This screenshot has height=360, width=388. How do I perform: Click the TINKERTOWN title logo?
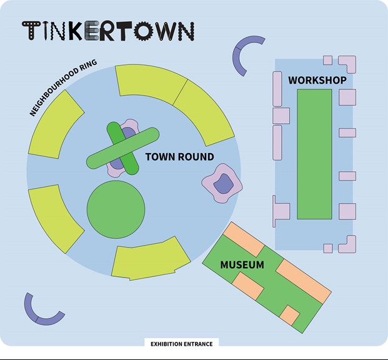coord(108,31)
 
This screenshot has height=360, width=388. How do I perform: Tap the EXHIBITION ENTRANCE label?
coord(182,344)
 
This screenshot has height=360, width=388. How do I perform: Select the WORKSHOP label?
coord(317,80)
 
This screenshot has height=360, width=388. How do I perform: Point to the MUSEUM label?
coord(242,264)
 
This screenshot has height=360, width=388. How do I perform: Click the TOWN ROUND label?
coord(180,157)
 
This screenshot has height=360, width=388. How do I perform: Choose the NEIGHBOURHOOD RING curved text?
coord(63,87)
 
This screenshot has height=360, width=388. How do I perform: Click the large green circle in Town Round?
coord(116,209)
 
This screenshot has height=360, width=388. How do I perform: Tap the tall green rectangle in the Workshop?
coord(314,154)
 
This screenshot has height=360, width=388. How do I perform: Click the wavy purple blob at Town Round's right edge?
coord(222,183)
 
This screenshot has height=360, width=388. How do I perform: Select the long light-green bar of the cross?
coord(122,148)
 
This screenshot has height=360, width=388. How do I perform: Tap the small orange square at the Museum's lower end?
coord(290,315)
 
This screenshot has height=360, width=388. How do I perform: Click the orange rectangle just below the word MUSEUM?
coord(248,286)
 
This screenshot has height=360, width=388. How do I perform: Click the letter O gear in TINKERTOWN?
coord(144,31)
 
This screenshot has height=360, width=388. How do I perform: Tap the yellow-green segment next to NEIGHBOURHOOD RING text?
coord(56,124)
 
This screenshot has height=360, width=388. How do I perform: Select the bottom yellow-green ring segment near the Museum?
coord(151,259)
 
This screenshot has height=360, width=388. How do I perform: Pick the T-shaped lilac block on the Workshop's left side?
coord(281,211)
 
